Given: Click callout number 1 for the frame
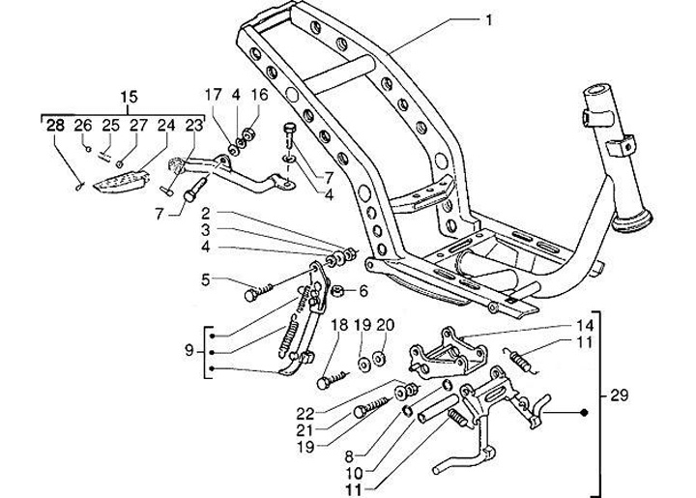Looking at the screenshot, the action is pyautogui.click(x=489, y=20).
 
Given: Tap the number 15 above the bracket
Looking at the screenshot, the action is pyautogui.click(x=130, y=98).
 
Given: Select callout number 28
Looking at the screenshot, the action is pyautogui.click(x=56, y=126).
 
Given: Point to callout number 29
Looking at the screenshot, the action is pyautogui.click(x=620, y=395).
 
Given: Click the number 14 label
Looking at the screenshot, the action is pyautogui.click(x=586, y=326).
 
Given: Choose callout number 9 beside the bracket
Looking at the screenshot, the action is pyautogui.click(x=189, y=352).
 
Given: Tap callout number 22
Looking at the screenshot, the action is pyautogui.click(x=305, y=414).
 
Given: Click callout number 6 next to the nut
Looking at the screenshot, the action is pyautogui.click(x=363, y=291).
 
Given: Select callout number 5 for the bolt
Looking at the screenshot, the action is pyautogui.click(x=205, y=280).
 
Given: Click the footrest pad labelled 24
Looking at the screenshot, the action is pyautogui.click(x=120, y=182).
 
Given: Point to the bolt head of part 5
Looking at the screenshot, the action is pyautogui.click(x=251, y=295).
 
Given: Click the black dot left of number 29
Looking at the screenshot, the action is pyautogui.click(x=585, y=413).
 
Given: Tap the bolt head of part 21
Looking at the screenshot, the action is pyautogui.click(x=361, y=412).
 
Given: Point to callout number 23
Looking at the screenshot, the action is pyautogui.click(x=193, y=126).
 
